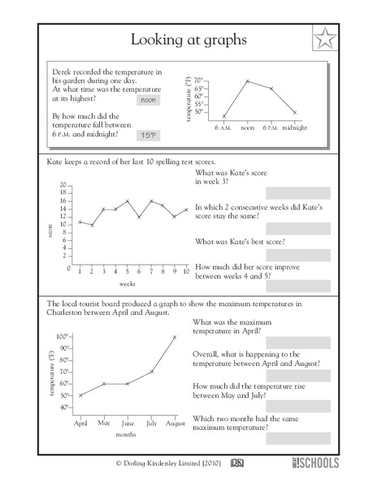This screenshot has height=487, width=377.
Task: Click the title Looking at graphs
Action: tap(188, 39)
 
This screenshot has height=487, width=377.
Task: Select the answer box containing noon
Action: tap(148, 100)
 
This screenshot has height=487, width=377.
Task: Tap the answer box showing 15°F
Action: tap(148, 135)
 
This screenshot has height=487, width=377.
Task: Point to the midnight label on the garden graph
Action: tap(295, 129)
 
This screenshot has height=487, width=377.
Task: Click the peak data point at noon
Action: tap(247, 81)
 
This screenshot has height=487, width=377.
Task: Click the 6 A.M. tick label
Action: tap(223, 129)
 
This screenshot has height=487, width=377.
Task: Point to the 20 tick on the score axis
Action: tap(62, 185)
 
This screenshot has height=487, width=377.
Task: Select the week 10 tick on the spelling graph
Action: tap(186, 270)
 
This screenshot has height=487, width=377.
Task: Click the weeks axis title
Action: tap(128, 284)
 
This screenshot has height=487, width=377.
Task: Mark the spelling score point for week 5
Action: tap(128, 200)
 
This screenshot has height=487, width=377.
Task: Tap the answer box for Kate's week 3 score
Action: tap(310, 192)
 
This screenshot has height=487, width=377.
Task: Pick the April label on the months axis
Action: tap(80, 424)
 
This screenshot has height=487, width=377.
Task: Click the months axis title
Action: tap(128, 435)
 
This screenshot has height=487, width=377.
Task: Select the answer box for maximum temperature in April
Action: tap(310, 343)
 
